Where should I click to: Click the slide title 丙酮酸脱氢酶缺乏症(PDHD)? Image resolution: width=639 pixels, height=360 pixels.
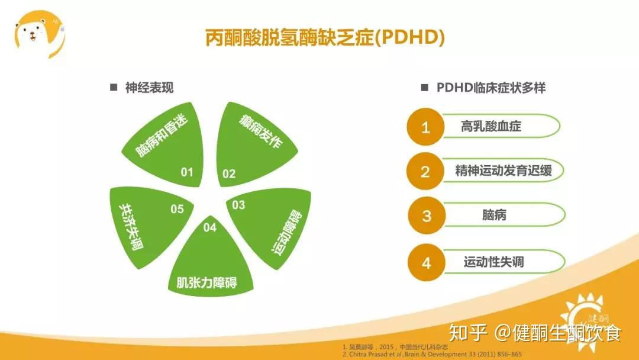[x=325, y=38]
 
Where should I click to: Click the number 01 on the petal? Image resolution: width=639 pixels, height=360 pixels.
[x=187, y=172]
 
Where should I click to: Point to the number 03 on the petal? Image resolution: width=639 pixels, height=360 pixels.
[x=238, y=205]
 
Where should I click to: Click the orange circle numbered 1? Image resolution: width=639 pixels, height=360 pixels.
[x=425, y=127]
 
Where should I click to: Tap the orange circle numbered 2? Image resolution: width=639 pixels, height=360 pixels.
[x=425, y=172]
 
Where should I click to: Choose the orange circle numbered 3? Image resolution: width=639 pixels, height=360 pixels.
[x=426, y=216]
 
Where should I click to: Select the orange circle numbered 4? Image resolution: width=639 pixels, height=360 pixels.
[x=426, y=262]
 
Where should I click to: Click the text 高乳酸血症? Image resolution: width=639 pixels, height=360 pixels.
[x=490, y=126]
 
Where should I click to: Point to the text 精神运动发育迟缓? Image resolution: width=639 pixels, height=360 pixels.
[x=503, y=171]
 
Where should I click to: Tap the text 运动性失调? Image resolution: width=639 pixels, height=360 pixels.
[x=493, y=262]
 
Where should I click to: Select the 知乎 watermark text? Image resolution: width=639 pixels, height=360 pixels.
[x=467, y=333]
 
